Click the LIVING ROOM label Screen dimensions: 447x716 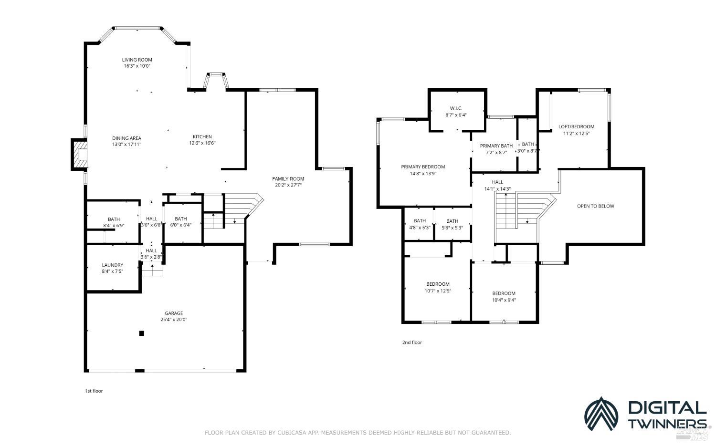(x=137, y=60)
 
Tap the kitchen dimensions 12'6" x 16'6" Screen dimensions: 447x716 (x=202, y=143)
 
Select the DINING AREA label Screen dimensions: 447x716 (x=126, y=138)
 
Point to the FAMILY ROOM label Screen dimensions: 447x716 (x=288, y=179)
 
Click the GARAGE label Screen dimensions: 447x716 (x=174, y=313)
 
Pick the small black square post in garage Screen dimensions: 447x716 (x=141, y=333)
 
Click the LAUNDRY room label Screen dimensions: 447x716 (x=113, y=265)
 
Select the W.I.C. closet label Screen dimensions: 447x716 (x=456, y=108)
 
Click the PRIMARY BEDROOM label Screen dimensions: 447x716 (x=423, y=167)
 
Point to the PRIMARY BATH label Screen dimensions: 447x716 (x=496, y=146)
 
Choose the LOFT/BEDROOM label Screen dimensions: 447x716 (x=577, y=127)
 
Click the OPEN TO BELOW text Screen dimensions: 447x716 (x=595, y=206)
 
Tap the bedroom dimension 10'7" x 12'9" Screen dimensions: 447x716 (x=438, y=291)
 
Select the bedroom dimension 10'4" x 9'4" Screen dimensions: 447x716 (x=504, y=300)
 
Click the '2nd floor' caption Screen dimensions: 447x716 (x=412, y=343)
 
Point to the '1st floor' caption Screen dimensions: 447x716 (x=94, y=391)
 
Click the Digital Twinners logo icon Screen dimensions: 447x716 (x=601, y=414)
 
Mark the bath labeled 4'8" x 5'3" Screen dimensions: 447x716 (x=420, y=224)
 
